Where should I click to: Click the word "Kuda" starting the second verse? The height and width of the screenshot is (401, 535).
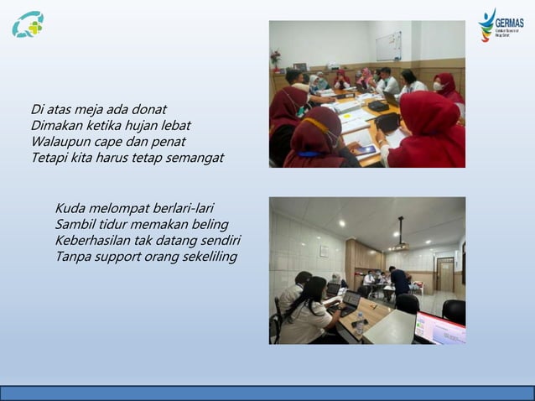coord(71,208)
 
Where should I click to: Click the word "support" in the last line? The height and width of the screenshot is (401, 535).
coord(122,256)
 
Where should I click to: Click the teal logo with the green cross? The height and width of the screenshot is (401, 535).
coord(28,24)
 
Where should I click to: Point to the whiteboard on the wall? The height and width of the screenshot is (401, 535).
coord(388,46)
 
